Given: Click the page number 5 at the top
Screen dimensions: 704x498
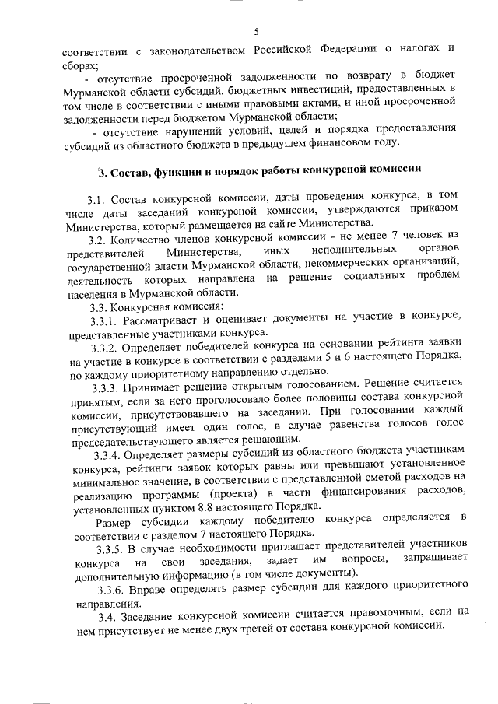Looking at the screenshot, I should [255, 31].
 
